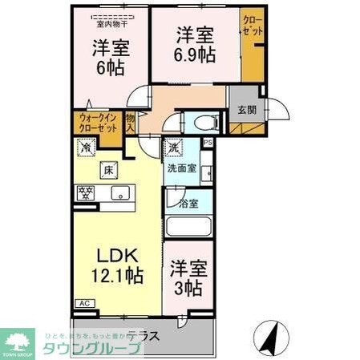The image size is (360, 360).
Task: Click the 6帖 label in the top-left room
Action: pos(106,67)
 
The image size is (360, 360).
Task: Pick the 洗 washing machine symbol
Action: pos(173,148)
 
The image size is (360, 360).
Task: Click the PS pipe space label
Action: pos(208,143)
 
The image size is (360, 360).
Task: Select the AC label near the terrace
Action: pos(84,303)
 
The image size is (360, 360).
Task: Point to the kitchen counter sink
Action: pos(122,193)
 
